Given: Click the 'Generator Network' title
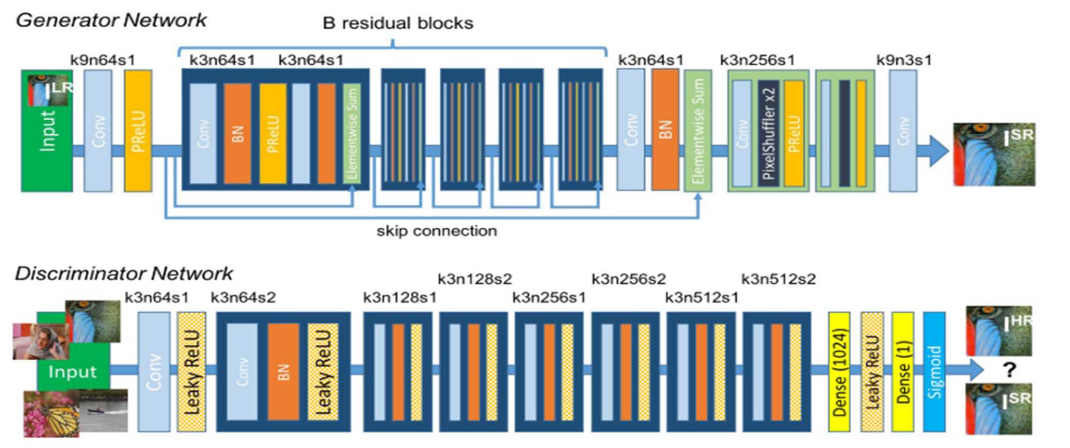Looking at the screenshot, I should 111,20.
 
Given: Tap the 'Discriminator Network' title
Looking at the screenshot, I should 124,274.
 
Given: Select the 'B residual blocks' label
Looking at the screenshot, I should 398,24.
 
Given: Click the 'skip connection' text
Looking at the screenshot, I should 437,231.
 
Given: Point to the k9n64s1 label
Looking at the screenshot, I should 103,60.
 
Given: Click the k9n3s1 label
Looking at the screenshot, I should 904,60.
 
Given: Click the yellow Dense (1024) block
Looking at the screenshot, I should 839,372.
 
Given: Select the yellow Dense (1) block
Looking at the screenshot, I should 903,372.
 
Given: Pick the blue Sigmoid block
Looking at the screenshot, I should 934,372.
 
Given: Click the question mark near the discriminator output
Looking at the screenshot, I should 1009,369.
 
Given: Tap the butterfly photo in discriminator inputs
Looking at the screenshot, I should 51,414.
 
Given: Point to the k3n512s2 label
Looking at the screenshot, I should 778,279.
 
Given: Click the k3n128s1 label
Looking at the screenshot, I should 400,297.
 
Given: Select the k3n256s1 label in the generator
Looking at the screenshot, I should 757,60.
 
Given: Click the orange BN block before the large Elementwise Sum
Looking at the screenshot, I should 665,130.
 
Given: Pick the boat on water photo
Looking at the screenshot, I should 104,411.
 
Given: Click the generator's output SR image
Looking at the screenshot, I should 994,155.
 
